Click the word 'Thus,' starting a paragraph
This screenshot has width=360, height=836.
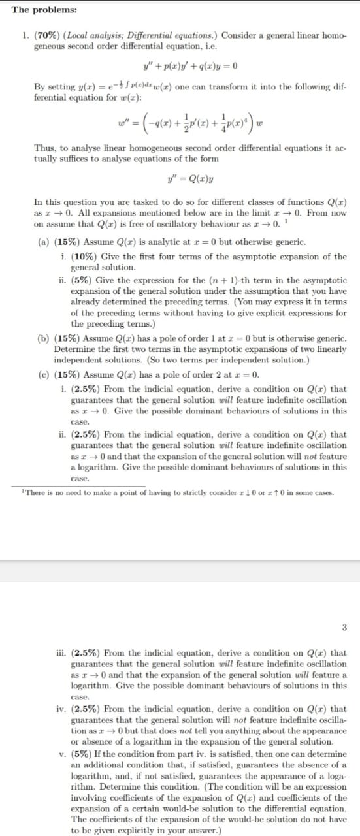click(44, 148)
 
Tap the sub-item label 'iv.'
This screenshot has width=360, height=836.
click(62, 709)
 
